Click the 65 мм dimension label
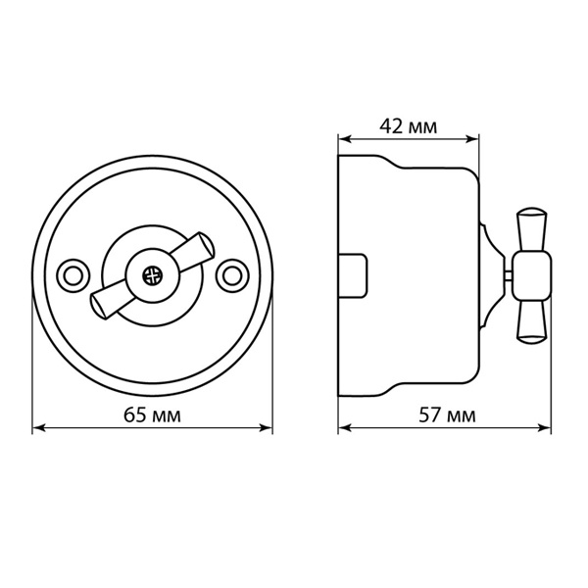click(152, 416)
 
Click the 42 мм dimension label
click(409, 126)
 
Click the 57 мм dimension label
click(447, 416)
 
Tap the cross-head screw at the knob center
click(153, 276)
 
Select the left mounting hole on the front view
click(73, 275)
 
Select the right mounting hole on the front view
click(232, 275)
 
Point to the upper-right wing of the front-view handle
click(192, 251)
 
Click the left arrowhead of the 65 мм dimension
click(39, 427)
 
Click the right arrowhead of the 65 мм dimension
click(266, 427)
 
